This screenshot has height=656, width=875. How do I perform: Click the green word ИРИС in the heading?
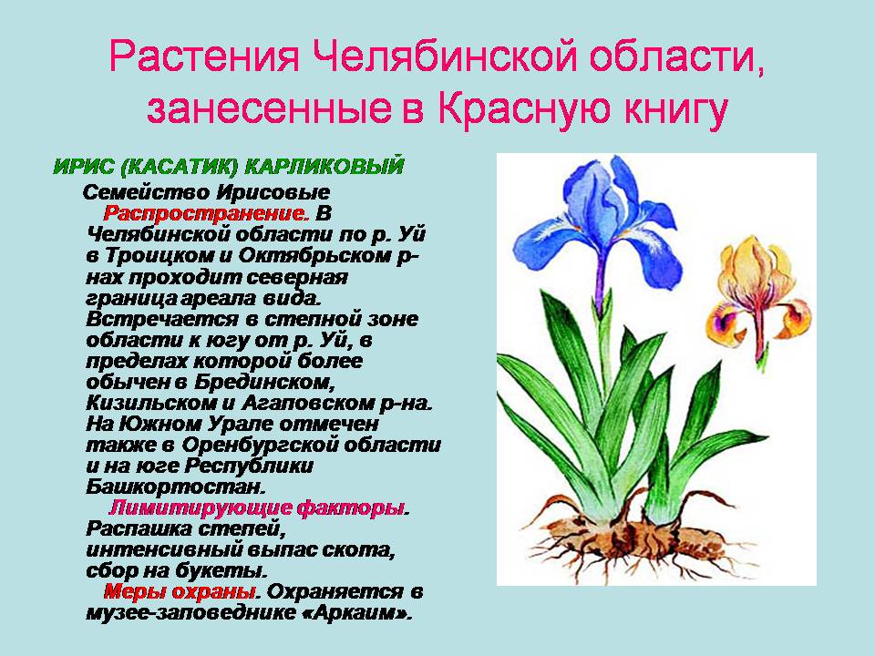coord(85,168)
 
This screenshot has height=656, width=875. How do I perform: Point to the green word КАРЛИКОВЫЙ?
coord(345,168)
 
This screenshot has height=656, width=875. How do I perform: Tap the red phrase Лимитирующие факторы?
coord(257,507)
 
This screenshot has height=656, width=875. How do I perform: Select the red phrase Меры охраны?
coord(179,590)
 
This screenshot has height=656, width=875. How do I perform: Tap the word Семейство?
coord(146,193)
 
